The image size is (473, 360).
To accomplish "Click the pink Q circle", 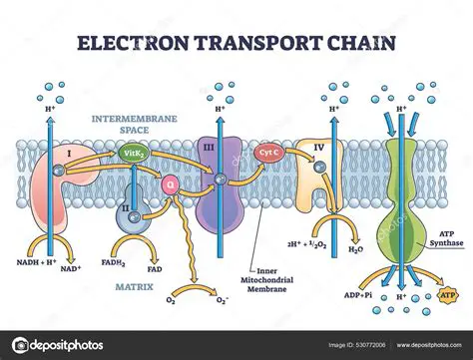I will pos(171,183).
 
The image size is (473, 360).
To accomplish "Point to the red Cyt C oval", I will pos(267,154).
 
